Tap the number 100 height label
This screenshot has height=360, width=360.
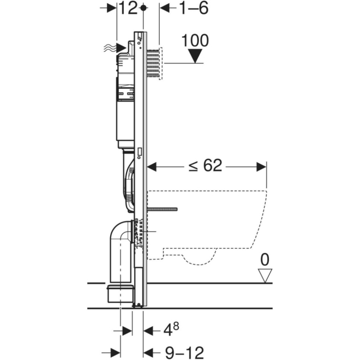194,41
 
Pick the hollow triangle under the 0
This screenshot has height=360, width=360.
265,275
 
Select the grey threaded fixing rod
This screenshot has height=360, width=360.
162,209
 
